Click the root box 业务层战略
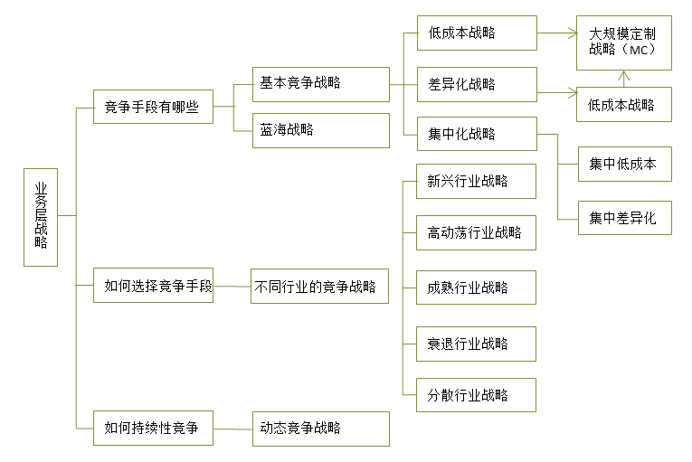[x=41, y=216]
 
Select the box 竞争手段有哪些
[x=153, y=106]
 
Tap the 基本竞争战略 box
[x=320, y=84]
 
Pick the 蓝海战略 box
[x=320, y=130]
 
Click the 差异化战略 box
[x=477, y=85]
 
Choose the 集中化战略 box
[x=477, y=134]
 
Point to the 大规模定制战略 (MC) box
[x=624, y=42]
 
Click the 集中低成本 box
[x=624, y=165]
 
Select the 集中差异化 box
[x=624, y=218]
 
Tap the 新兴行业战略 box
[x=477, y=181]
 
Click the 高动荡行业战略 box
[x=477, y=233]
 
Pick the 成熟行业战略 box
[x=477, y=288]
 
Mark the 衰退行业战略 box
[x=477, y=344]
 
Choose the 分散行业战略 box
[x=477, y=395]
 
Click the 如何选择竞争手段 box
[x=153, y=285]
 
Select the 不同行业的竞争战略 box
[x=319, y=286]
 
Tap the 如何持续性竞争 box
[x=153, y=428]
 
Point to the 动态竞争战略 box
[x=320, y=428]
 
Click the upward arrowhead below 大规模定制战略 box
[x=623, y=75]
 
